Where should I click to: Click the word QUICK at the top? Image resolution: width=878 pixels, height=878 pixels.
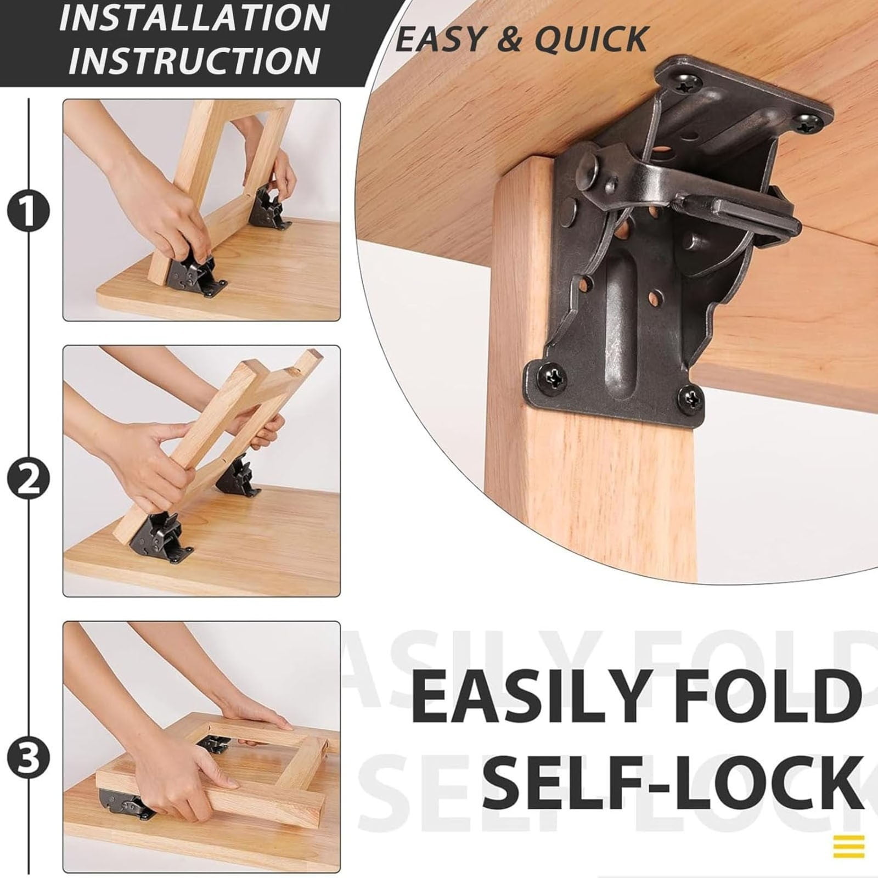[592, 39]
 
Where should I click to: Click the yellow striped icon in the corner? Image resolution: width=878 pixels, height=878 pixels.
[848, 846]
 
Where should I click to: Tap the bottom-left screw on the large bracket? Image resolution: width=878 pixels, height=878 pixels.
[553, 378]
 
